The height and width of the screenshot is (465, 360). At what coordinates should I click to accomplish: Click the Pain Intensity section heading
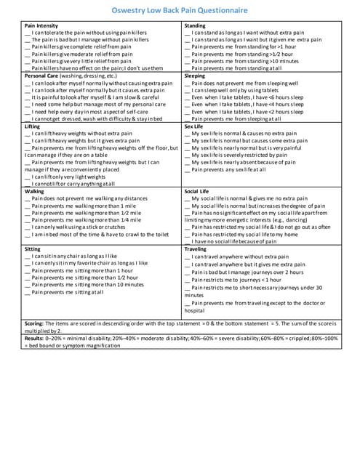pyautogui.click(x=42, y=26)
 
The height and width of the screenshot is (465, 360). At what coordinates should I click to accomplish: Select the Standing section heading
pyautogui.click(x=196, y=26)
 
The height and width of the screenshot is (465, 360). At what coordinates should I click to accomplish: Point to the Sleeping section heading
pyautogui.click(x=196, y=76)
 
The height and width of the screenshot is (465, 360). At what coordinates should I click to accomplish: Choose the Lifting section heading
pyautogui.click(x=33, y=126)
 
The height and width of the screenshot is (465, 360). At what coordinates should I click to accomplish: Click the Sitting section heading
pyautogui.click(x=33, y=248)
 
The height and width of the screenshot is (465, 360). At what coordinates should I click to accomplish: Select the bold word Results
pyautogui.click(x=34, y=339)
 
